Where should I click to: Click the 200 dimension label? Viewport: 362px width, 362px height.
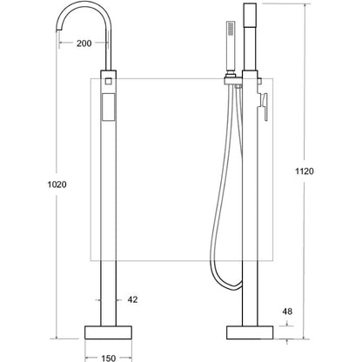point(84,44)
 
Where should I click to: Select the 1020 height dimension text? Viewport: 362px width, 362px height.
point(57,184)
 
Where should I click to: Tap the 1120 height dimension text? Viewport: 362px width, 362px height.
point(305,171)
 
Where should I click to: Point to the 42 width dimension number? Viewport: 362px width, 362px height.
point(132,299)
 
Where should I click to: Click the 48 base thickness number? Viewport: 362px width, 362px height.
point(287,312)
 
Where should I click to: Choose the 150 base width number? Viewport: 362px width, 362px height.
point(108,359)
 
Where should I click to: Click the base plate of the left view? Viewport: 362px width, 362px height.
point(108,332)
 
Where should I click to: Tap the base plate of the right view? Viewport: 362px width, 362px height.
point(250,332)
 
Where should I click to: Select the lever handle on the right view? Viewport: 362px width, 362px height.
point(264,106)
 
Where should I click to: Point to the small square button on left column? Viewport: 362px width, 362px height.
point(109,81)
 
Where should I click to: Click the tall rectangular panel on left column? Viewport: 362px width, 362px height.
point(109,107)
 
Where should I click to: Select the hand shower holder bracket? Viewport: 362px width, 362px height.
point(233,80)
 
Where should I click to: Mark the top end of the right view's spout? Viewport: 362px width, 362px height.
point(250,4)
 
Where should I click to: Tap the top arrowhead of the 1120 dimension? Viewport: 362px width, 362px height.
point(305,6)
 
